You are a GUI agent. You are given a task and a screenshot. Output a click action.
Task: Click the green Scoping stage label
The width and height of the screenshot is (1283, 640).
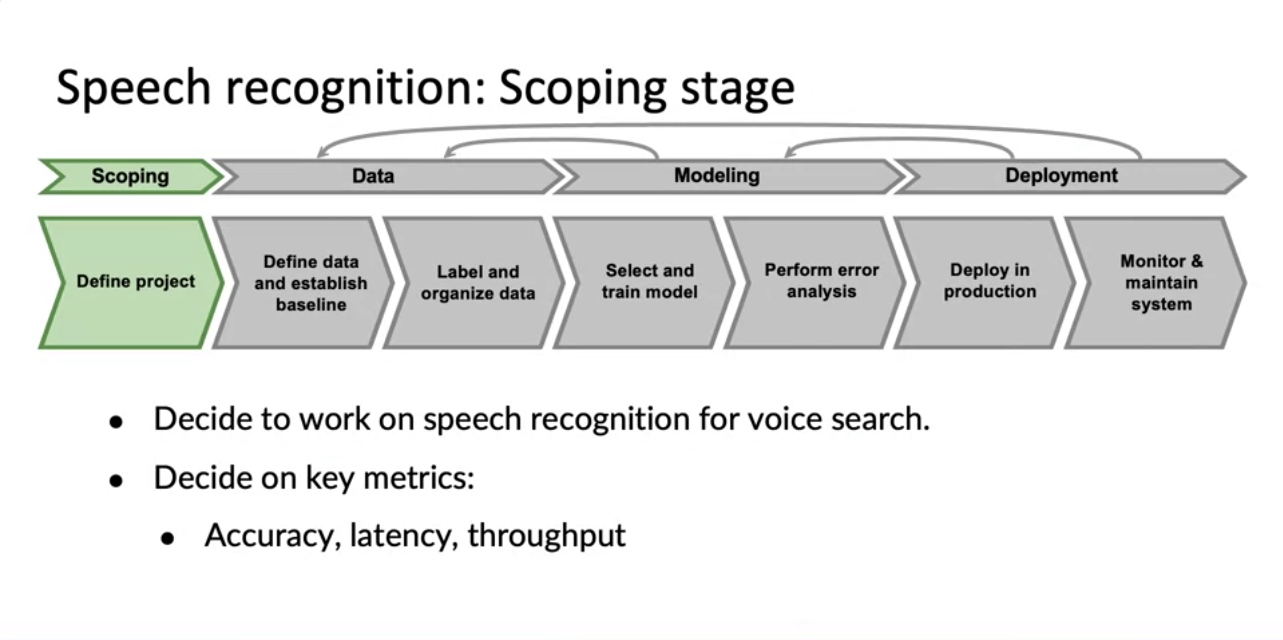pos(131,176)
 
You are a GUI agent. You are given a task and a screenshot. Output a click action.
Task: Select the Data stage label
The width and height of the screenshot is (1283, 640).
pos(373,176)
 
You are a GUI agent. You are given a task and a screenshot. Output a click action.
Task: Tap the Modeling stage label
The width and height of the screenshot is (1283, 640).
pos(717,175)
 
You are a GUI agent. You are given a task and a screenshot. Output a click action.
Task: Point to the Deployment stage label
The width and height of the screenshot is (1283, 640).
pos(1061,175)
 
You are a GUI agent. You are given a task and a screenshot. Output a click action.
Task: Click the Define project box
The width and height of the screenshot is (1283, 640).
pos(136,282)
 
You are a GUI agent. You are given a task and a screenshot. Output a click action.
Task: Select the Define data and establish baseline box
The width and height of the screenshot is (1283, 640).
pos(311,283)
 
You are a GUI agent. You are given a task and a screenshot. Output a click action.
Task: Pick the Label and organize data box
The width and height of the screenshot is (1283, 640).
pos(477,283)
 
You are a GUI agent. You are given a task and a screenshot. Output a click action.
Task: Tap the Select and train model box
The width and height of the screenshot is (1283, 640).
pos(650,282)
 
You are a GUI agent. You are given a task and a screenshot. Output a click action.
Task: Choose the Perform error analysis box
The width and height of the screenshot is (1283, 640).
pos(821,281)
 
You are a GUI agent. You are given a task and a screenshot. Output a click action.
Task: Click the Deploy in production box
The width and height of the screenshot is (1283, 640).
pos(990,281)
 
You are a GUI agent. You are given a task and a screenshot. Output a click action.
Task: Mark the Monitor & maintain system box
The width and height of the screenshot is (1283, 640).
pos(1161,283)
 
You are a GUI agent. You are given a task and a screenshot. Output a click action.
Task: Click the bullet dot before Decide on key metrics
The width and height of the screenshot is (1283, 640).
pos(116,481)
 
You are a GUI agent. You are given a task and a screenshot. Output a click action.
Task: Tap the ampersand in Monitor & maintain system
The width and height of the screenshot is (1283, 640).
pos(1197,261)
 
